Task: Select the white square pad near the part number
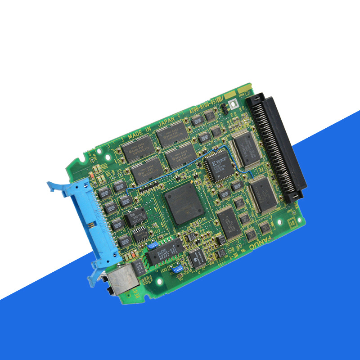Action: (x=233, y=104)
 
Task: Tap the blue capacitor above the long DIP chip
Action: (x=152, y=246)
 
